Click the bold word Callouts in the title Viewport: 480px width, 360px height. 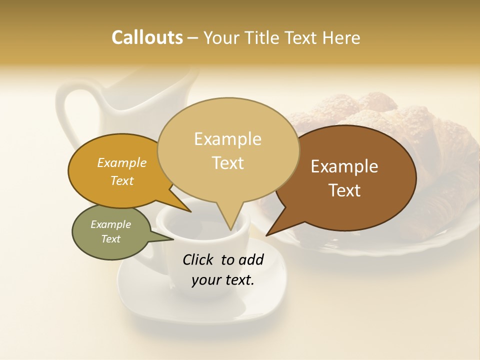tap(147, 37)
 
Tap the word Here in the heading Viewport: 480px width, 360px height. tap(342, 37)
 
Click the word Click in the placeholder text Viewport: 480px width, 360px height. tap(199, 259)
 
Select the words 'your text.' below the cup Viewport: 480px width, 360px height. tap(223, 280)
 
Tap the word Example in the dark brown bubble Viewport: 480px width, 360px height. tap(344, 166)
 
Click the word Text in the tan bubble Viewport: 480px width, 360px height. tap(228, 163)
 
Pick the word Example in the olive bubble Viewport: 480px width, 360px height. tap(110, 224)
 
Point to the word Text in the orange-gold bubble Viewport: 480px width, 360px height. tap(122, 181)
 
